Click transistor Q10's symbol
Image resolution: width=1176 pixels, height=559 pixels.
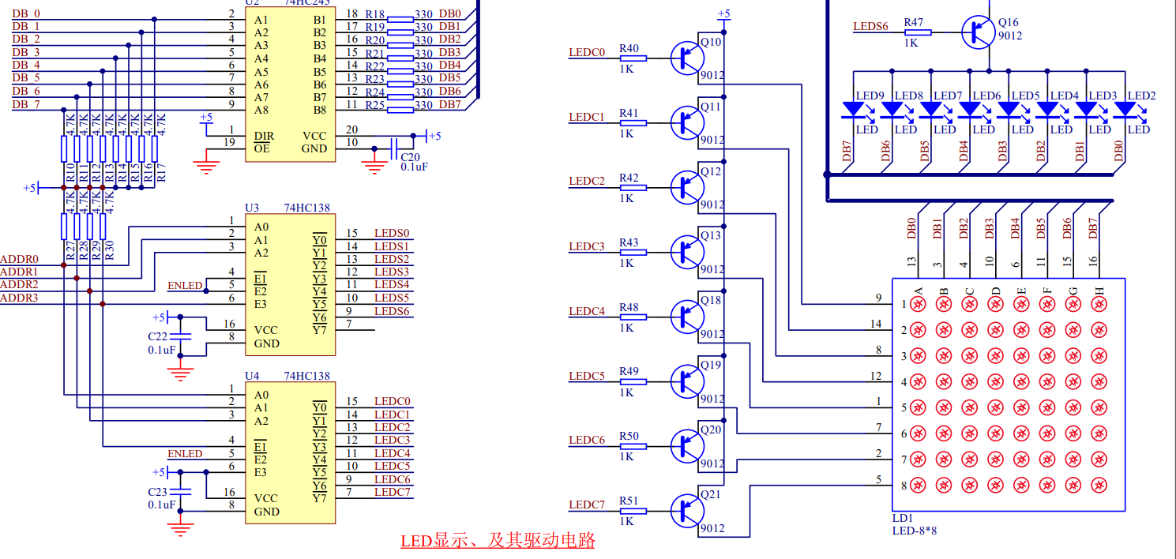(x=686, y=58)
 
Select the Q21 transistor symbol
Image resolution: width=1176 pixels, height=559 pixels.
(x=686, y=510)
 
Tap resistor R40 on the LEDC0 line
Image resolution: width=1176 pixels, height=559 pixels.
(x=633, y=58)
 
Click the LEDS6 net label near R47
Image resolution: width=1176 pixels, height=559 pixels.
(x=870, y=26)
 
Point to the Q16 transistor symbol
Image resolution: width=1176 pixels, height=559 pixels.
(x=978, y=32)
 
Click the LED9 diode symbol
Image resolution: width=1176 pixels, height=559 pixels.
(x=853, y=109)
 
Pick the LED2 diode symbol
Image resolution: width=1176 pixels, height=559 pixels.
(x=1125, y=109)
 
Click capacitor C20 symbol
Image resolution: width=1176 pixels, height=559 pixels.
(x=394, y=148)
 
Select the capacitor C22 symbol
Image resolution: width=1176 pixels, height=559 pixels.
(x=180, y=336)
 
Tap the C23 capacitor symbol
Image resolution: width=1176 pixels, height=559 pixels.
(x=180, y=492)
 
